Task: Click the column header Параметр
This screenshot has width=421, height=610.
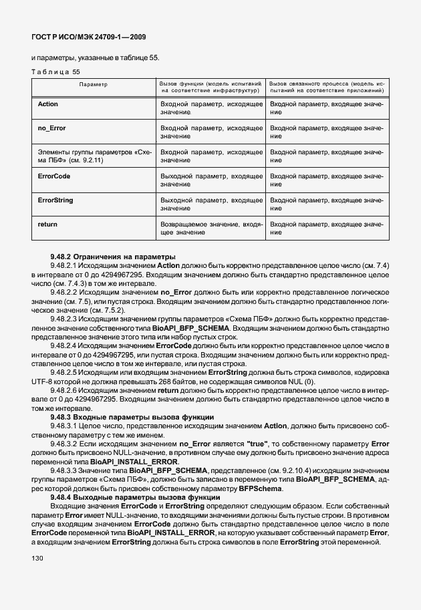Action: tap(93, 85)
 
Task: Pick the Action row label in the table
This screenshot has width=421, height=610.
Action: tap(48, 105)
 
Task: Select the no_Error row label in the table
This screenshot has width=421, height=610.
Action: tap(51, 128)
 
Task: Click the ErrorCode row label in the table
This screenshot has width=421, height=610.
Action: tap(54, 176)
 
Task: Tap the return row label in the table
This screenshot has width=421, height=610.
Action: tap(47, 224)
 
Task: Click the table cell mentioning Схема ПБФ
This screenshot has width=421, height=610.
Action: tap(93, 156)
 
